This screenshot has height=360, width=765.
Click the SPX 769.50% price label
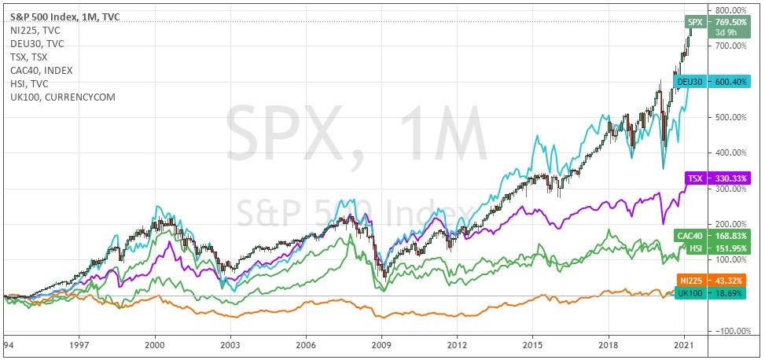point(717,22)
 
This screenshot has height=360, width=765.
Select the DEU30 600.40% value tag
point(716,82)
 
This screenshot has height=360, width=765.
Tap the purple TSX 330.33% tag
point(717,178)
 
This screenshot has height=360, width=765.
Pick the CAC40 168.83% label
point(717,235)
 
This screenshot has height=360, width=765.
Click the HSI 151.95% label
point(717,248)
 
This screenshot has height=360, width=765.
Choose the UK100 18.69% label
point(717,292)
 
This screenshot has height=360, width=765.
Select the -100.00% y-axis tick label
point(730,331)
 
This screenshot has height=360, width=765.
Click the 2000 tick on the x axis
point(155,345)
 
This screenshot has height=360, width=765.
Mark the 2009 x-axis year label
point(381,345)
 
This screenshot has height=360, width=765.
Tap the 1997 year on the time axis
point(79,345)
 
